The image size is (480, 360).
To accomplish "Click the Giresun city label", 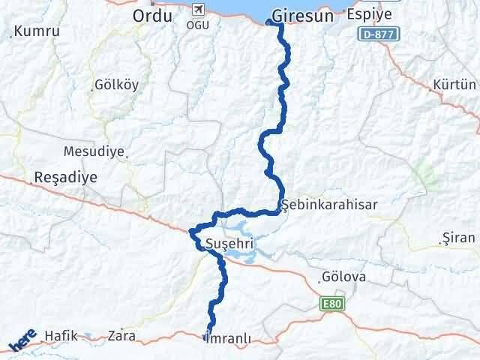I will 298,14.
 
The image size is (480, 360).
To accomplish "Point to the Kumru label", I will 36,31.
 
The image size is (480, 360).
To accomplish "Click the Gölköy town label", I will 116,85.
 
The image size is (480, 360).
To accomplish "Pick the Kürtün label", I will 454,85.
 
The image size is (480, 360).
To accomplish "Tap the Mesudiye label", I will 93,151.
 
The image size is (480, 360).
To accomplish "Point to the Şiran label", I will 460,238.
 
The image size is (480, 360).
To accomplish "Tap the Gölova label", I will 343,277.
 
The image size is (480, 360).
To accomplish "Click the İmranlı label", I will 227,338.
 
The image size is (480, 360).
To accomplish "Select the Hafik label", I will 61,335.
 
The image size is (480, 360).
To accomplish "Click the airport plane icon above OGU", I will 198,10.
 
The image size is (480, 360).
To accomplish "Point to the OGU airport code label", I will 198,25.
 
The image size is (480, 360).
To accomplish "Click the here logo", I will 22,341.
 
